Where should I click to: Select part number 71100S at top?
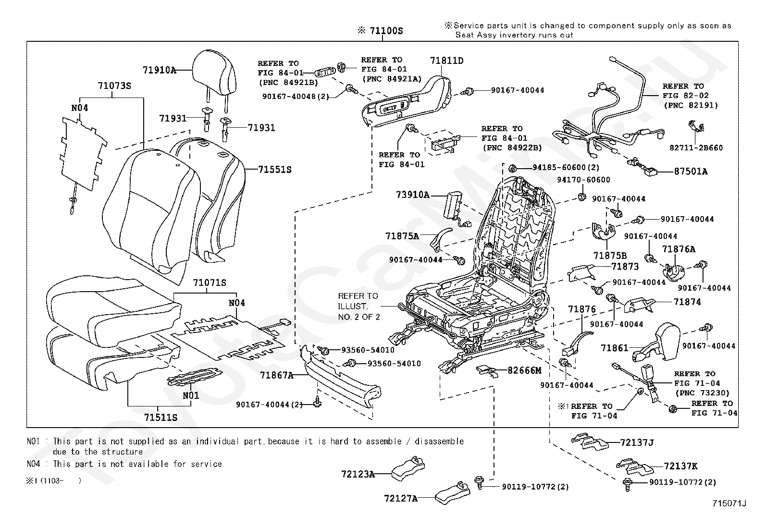(386, 31)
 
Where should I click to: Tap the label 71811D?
(447, 61)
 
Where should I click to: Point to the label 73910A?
(413, 195)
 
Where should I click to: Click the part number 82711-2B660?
(696, 148)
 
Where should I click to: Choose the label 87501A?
(691, 172)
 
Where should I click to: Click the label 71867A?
(277, 375)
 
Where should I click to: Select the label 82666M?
(524, 370)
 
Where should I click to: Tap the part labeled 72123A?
(408, 467)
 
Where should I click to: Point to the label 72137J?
(637, 442)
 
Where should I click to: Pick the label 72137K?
(680, 466)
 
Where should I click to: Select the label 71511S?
(160, 417)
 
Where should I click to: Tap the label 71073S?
(114, 86)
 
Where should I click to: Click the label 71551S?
(274, 170)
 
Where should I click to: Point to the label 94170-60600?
(583, 180)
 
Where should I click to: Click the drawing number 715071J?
(729, 503)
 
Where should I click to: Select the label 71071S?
(210, 282)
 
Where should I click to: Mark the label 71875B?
(610, 256)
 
